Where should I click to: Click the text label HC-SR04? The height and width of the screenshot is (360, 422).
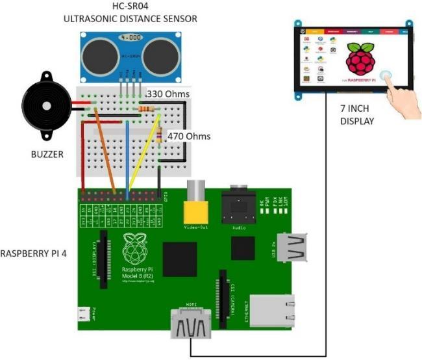pyautogui.click(x=129, y=6)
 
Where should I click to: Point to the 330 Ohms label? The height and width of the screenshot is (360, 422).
pyautogui.click(x=169, y=94)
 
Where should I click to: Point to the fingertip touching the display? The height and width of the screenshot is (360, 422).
pyautogui.click(x=387, y=76)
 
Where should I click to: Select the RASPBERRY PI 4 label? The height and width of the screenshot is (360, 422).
pyautogui.click(x=34, y=252)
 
